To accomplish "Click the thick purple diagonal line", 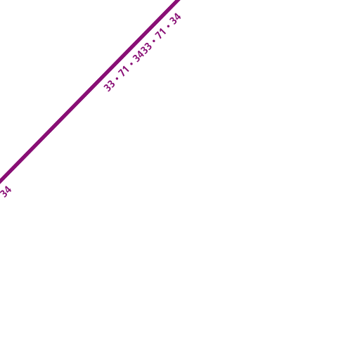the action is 90,91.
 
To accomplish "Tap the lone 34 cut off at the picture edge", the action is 5,192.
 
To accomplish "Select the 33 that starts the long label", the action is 110,86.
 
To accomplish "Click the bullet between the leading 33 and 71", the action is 117,78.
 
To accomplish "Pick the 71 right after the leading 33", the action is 124,71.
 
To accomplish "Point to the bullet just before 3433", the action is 131,64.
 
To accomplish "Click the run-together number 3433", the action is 142,53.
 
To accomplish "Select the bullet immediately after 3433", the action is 154,41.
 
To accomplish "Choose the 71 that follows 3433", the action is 161,34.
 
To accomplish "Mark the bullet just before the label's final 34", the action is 168,27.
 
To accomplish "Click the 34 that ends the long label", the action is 176,19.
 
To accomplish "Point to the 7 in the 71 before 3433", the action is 122,73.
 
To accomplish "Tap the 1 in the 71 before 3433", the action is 127,69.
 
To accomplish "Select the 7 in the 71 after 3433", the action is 160,37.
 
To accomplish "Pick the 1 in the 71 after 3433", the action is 164,32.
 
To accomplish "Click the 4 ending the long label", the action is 178,17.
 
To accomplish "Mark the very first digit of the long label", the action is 108,88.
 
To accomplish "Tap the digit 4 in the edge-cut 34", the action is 7,190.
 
